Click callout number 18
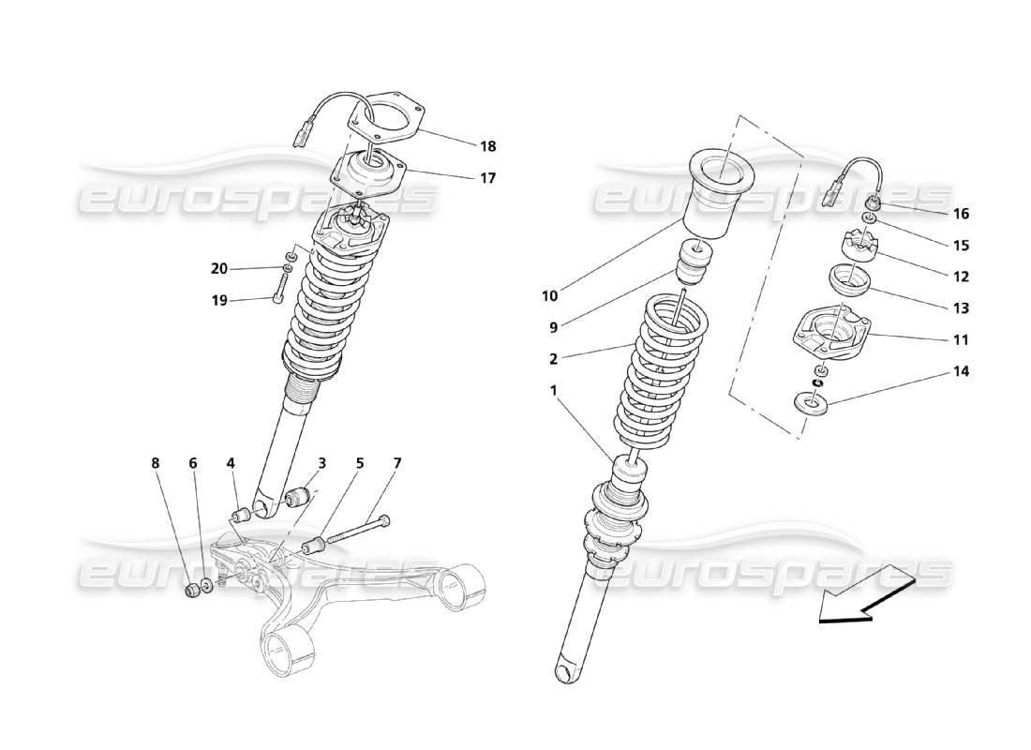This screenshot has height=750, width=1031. [487, 146]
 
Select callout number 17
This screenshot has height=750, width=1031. [487, 177]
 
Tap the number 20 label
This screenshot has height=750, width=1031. [218, 269]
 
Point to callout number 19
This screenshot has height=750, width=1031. [218, 300]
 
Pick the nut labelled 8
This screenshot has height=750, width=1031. [191, 590]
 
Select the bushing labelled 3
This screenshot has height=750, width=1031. [301, 495]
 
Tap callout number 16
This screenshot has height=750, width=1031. [961, 214]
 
